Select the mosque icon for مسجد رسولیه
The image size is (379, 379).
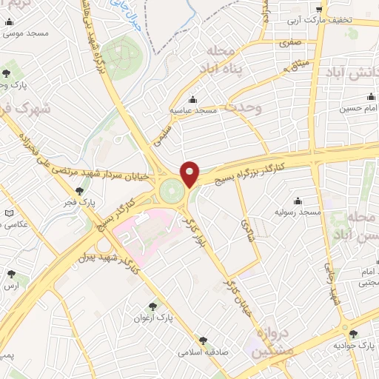298,201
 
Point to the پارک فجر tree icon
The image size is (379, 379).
79,191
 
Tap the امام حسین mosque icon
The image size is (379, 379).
370,97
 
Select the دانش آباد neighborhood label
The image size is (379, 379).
352,73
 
